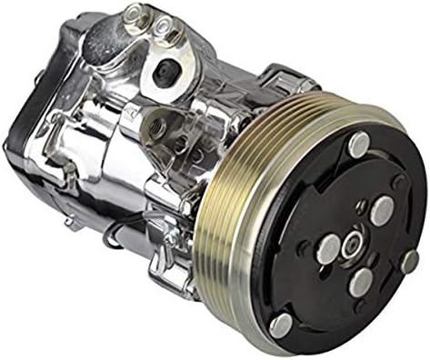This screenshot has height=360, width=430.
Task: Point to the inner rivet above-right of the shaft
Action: pyautogui.click(x=380, y=211)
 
